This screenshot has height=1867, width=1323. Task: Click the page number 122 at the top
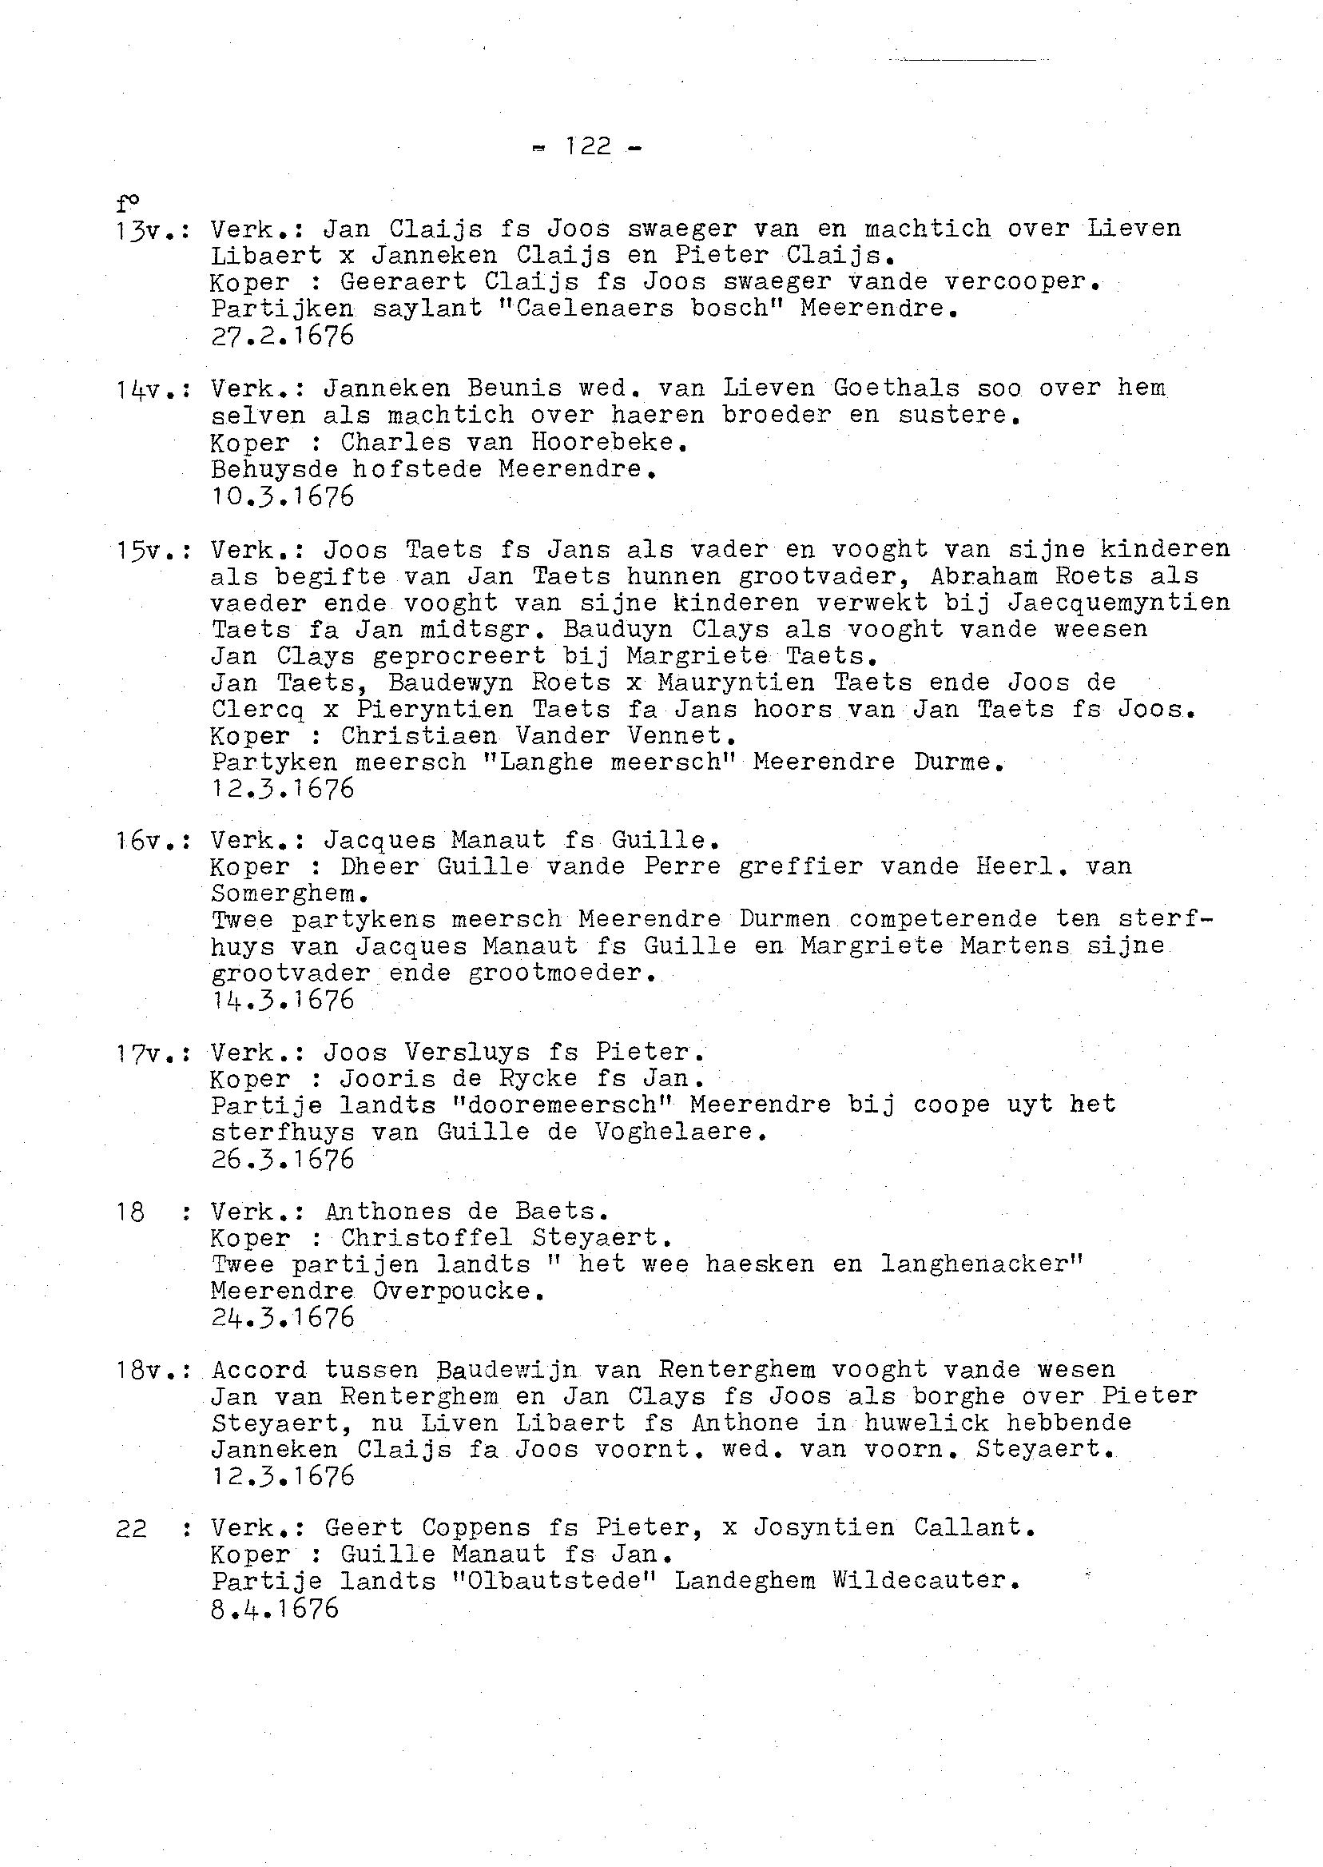coord(588,147)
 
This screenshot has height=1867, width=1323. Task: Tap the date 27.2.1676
coord(283,336)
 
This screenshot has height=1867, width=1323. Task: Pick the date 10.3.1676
coord(283,496)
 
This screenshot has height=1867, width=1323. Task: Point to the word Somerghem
coord(283,894)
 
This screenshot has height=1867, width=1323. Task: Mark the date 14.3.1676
coord(283,999)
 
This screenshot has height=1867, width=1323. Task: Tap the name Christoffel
coord(427,1238)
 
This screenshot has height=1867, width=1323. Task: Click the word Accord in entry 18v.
coord(259,1371)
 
